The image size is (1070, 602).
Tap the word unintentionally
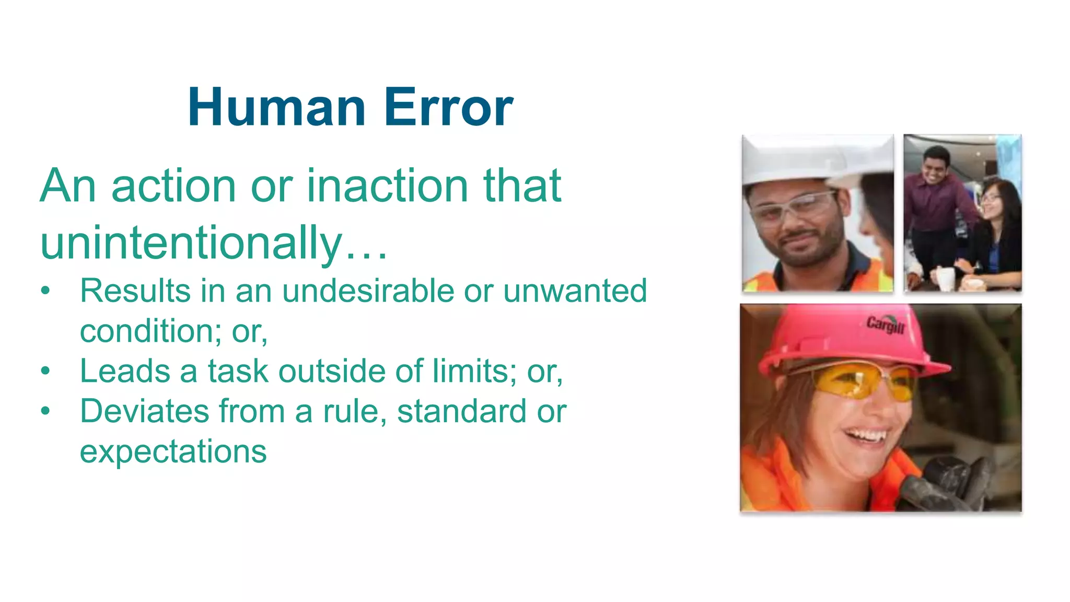(x=191, y=243)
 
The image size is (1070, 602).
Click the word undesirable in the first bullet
(x=368, y=291)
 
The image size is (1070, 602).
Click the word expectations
(x=173, y=451)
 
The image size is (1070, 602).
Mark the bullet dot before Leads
(x=46, y=371)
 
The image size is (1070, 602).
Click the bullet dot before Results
(x=46, y=291)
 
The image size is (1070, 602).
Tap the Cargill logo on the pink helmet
(x=885, y=325)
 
